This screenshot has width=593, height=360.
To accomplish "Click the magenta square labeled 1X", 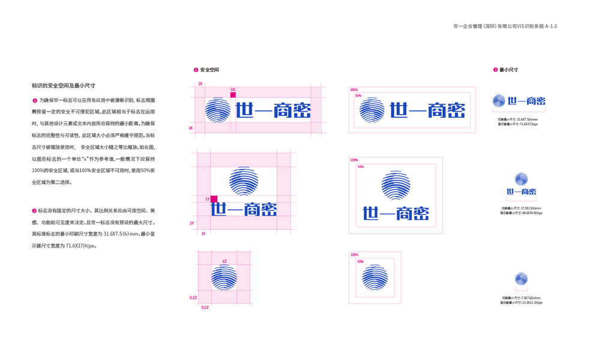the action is (233, 95).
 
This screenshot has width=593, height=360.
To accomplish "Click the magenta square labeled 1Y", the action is (214, 199).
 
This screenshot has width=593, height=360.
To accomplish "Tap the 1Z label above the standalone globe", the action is (224, 262).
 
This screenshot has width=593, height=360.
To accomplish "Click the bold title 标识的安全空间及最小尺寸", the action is (64, 86).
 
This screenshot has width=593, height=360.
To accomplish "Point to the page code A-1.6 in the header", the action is (551, 26).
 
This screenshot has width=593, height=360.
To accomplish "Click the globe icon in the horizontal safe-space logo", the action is (218, 110).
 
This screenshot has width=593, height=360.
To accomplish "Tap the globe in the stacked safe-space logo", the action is (244, 181).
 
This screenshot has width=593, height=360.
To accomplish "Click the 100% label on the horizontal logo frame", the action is (354, 90).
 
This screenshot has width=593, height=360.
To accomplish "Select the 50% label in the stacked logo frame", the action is (361, 167).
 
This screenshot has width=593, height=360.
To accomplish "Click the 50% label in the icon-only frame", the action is (360, 262).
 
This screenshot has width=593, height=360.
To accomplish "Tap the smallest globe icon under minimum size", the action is (521, 279).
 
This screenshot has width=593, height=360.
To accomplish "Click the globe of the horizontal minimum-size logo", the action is (499, 101).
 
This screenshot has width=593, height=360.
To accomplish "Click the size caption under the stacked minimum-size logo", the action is (521, 211).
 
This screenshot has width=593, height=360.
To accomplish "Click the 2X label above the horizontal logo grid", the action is (200, 84).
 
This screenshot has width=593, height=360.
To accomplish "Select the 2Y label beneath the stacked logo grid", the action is (203, 233).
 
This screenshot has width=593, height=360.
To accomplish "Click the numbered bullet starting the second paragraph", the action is (34, 211).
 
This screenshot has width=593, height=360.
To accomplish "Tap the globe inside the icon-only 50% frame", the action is (375, 277).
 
